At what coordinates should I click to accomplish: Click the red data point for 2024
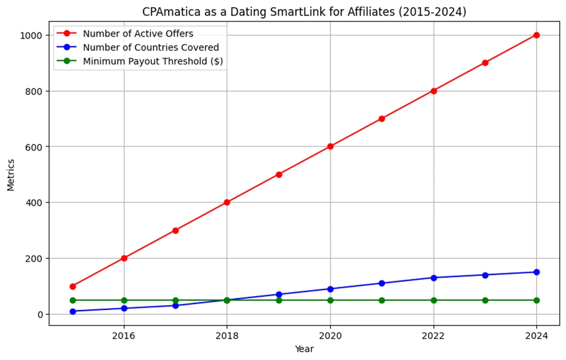point(536,35)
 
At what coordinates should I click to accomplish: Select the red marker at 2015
point(73,287)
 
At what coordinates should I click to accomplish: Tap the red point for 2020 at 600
point(330,146)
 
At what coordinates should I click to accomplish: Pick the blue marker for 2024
point(536,272)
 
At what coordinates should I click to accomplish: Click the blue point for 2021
point(382,283)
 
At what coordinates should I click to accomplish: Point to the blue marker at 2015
point(73,311)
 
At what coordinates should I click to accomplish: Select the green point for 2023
point(485,300)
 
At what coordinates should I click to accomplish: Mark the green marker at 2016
point(124,300)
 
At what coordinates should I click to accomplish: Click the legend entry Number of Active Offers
point(138,34)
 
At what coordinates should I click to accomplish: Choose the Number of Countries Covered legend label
point(151,48)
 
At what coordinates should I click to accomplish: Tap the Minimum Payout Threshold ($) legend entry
point(153,61)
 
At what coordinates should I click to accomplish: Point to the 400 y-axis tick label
point(35,203)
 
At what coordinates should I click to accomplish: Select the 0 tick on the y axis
point(40,314)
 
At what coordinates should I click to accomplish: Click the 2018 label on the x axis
point(227,335)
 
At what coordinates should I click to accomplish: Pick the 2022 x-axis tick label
point(433,335)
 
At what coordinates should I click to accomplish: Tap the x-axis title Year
point(304,349)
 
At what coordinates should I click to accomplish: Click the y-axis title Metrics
point(10,174)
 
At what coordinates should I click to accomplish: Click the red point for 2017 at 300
point(176,231)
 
